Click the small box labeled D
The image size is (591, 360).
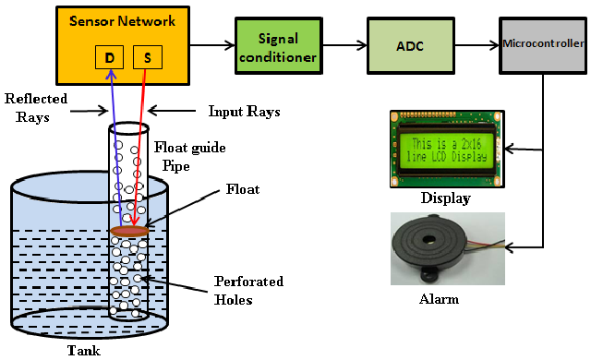[109, 57]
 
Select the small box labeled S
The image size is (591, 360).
[148, 57]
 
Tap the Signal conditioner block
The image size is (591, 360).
[279, 45]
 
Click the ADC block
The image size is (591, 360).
[410, 45]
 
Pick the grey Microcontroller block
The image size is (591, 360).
[543, 45]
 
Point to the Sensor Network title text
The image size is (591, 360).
[123, 21]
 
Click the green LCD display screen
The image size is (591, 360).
[447, 150]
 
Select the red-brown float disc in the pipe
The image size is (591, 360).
[129, 231]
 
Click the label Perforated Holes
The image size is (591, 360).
[248, 291]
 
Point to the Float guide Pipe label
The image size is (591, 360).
[189, 156]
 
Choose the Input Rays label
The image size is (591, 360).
[244, 112]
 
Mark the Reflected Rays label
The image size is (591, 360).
[36, 108]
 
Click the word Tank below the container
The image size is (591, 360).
[84, 351]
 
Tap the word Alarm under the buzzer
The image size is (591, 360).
[440, 299]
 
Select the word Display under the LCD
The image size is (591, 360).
[446, 198]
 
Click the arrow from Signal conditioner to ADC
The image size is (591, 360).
[344, 45]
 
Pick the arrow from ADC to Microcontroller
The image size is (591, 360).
[477, 45]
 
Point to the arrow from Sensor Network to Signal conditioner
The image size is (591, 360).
[212, 45]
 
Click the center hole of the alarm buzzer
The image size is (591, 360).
[428, 239]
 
